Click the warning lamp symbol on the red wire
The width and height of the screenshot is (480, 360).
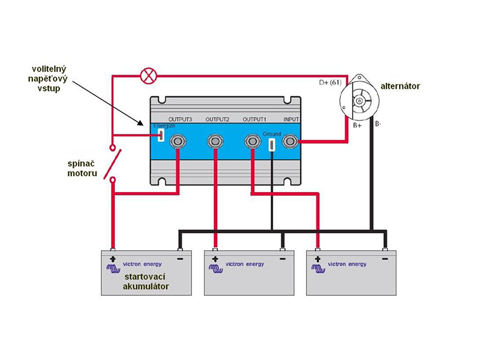148,76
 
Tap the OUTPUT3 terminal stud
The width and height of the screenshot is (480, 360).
177,141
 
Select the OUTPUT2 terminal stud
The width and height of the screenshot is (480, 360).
215,141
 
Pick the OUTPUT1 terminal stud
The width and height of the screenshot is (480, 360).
252,141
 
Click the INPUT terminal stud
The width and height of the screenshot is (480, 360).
290,141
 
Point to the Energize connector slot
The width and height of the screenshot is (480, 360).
161,135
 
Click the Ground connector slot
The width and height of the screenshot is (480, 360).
271,145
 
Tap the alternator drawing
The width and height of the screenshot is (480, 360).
359,98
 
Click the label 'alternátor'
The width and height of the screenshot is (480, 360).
400,86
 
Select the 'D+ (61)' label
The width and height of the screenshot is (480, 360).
330,82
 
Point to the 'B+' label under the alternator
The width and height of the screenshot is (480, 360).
357,125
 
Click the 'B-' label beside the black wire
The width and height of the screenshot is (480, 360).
378,124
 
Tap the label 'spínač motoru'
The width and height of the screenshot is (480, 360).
82,169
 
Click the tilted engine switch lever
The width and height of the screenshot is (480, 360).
112,164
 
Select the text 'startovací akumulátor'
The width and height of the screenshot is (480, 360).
146,281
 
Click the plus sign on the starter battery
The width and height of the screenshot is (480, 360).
113,259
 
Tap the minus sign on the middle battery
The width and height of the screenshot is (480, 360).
283,259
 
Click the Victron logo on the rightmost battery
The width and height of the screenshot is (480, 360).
319,268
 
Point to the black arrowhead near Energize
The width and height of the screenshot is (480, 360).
141,123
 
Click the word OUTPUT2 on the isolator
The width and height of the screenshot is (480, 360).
217,119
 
